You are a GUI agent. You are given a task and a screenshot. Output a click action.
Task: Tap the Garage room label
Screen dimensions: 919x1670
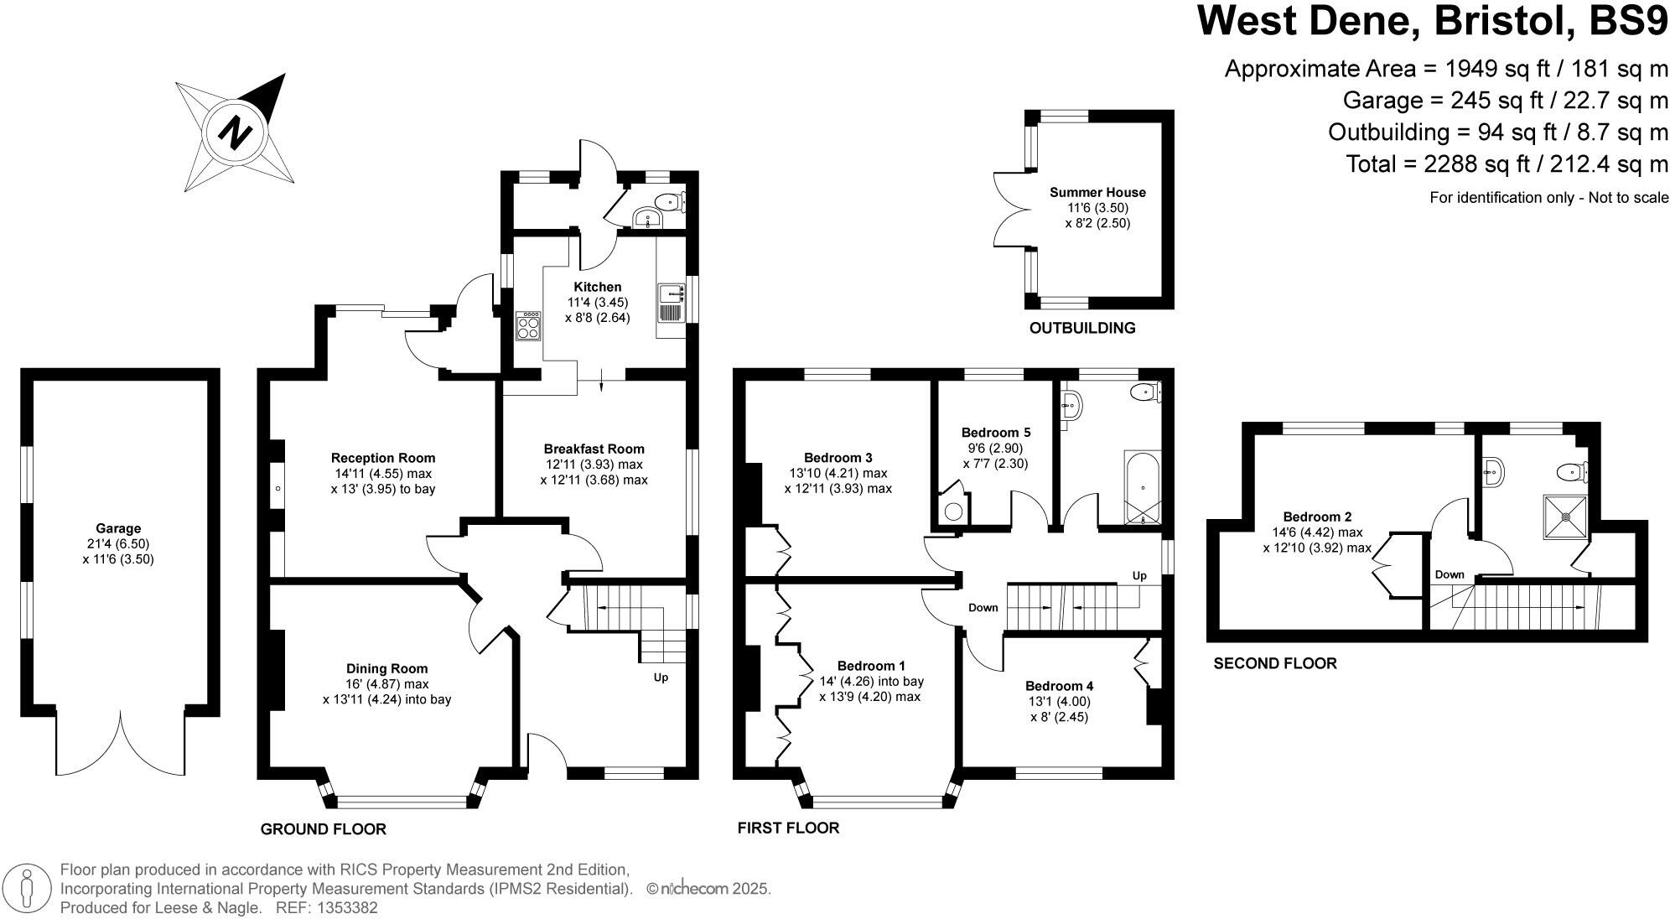click(x=118, y=528)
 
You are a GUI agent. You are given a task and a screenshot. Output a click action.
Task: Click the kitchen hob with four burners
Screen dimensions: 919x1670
click(x=529, y=325)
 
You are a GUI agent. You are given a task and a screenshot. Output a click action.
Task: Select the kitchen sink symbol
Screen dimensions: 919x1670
click(x=670, y=293)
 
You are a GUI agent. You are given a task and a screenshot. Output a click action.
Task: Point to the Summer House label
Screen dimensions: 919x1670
click(x=1097, y=192)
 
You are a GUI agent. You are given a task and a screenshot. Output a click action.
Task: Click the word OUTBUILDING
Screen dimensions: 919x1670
click(x=1081, y=328)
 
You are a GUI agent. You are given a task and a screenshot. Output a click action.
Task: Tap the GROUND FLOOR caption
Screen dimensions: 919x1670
click(x=323, y=829)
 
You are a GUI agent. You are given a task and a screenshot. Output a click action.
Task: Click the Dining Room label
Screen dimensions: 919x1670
click(x=386, y=668)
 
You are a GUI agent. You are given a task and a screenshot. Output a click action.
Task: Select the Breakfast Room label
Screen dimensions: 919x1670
click(x=594, y=449)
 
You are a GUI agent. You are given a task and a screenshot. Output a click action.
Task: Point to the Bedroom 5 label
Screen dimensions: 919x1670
click(x=995, y=433)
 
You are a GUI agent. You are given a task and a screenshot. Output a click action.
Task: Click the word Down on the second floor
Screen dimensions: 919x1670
click(x=1449, y=574)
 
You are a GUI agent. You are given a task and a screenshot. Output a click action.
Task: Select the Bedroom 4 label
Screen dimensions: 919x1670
click(x=1059, y=684)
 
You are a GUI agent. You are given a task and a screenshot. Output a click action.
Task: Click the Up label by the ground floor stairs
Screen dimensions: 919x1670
click(x=661, y=677)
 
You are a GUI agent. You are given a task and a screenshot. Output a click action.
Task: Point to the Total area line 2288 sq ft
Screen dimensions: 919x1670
click(x=1506, y=164)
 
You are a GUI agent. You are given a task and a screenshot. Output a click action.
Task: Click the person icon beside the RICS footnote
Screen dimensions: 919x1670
click(x=27, y=887)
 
